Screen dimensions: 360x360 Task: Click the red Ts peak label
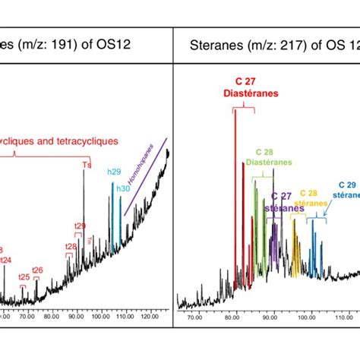coord(85,165)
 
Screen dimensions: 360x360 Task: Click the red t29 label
coord(80,226)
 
